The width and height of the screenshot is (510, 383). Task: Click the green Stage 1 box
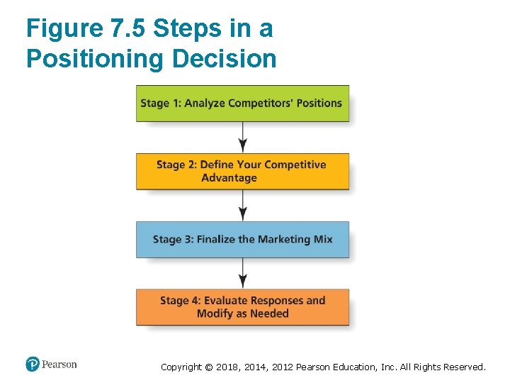[242, 104]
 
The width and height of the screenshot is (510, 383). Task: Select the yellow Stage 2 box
[242, 171]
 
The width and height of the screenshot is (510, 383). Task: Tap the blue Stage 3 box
[242, 239]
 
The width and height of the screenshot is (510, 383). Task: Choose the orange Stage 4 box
[242, 307]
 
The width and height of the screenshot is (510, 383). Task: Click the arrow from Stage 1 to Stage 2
[243, 137]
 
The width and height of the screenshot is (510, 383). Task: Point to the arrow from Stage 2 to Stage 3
[243, 205]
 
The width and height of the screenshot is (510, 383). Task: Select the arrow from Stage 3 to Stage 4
[243, 272]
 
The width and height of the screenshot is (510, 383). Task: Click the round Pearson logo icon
[33, 365]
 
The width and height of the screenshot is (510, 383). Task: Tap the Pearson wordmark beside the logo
[59, 365]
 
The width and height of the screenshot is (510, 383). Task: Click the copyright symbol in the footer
[207, 367]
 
